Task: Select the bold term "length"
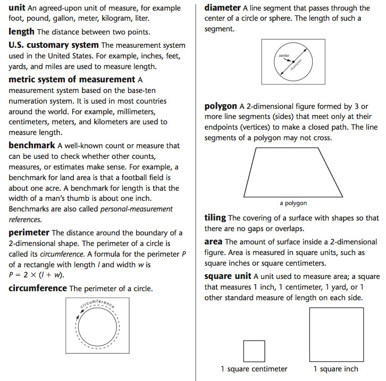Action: click(x=22, y=32)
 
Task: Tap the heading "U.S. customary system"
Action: click(x=54, y=45)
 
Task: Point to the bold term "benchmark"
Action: click(x=32, y=145)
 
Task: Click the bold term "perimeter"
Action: click(x=29, y=232)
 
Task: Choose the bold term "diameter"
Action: click(x=222, y=8)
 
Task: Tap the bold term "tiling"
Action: click(x=215, y=217)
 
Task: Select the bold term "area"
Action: click(x=213, y=241)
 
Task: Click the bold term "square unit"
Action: click(x=228, y=276)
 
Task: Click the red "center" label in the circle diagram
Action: click(x=284, y=55)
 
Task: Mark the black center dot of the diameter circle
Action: click(x=292, y=61)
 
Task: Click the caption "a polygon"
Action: click(x=293, y=203)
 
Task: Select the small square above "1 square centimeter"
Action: click(x=254, y=351)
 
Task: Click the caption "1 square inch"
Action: click(x=335, y=369)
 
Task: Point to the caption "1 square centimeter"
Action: click(x=254, y=369)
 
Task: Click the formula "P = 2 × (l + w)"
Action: click(x=35, y=274)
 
